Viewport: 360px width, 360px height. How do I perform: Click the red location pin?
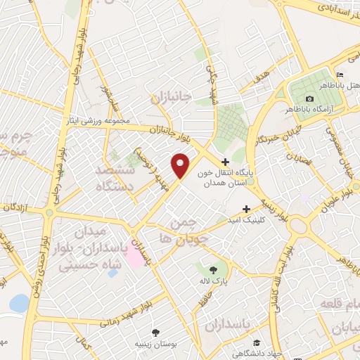click(x=181, y=166)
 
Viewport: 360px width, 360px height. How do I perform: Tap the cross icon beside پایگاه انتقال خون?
click(x=225, y=161)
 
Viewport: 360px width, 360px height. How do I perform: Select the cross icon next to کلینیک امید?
click(x=246, y=209)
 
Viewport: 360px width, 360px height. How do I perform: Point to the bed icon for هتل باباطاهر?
click(x=340, y=75)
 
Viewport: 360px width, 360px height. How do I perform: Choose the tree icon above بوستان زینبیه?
click(x=156, y=333)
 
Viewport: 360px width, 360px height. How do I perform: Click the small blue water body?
click(x=19, y=303)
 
